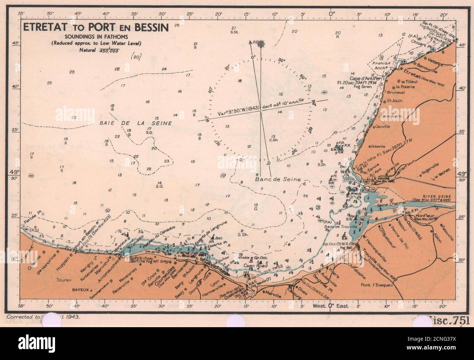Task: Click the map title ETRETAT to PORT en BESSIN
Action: pyautogui.click(x=96, y=28)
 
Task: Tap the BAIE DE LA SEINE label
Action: pyautogui.click(x=136, y=123)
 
